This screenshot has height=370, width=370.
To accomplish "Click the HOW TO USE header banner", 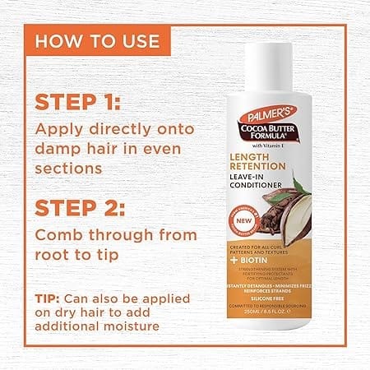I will (x=99, y=40).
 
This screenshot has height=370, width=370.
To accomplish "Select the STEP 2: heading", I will (x=78, y=201).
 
